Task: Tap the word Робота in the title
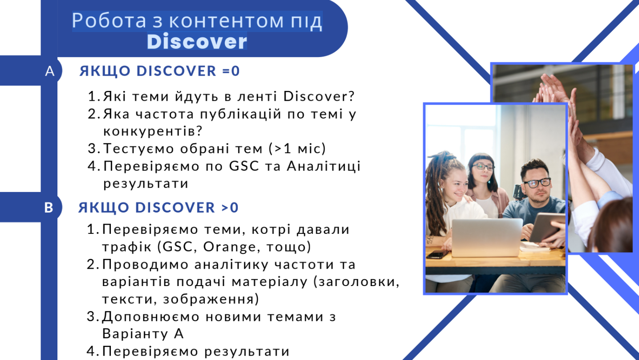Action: (109, 20)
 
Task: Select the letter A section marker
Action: (49, 71)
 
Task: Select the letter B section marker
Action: (49, 208)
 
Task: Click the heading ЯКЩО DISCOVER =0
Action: (159, 71)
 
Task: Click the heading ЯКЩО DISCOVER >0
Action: (159, 207)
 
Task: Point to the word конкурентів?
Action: (153, 131)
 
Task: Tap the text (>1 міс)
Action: (297, 148)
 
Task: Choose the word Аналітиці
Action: (324, 166)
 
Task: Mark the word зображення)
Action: (211, 299)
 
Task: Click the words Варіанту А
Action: (142, 334)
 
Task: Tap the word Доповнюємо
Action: (151, 317)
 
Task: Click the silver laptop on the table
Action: (487, 237)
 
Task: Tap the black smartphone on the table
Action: (437, 254)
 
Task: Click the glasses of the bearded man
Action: (537, 183)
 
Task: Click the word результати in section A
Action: (146, 184)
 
